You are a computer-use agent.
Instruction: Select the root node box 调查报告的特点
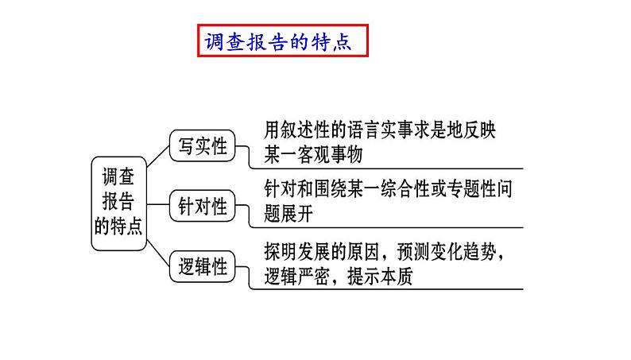point(118,200)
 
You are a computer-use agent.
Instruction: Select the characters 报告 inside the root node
point(118,200)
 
